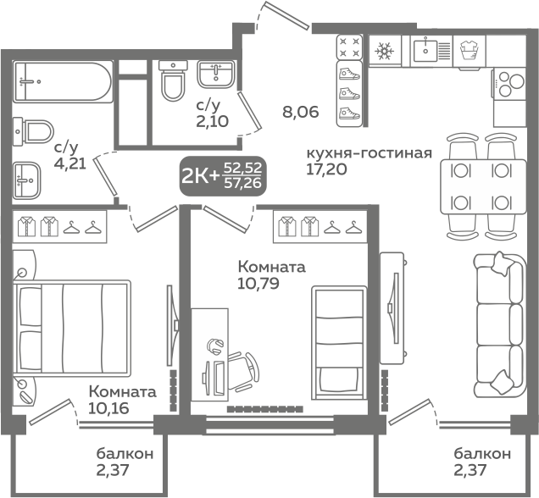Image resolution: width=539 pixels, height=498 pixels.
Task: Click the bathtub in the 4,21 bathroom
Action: [63, 81]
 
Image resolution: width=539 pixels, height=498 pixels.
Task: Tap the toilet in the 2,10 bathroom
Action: [173, 81]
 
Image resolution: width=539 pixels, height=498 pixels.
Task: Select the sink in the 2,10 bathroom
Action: [215, 75]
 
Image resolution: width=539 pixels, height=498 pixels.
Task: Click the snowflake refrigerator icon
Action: [384, 51]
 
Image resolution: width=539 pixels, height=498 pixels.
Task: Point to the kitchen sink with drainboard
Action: [431, 51]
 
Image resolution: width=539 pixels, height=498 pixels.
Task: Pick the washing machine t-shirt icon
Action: [470, 51]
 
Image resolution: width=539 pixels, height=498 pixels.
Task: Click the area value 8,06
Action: [301, 112]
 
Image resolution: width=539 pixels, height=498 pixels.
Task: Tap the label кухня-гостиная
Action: [370, 153]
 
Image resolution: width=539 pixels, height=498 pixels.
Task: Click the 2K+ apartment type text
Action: [200, 176]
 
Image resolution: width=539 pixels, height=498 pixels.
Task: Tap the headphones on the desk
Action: [215, 346]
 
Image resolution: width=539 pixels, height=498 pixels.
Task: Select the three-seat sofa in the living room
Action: [500, 325]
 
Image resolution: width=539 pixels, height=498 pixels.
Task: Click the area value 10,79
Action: [258, 284]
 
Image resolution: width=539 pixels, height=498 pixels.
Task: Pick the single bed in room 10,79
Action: [339, 342]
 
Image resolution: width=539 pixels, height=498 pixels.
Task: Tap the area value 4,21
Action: [70, 163]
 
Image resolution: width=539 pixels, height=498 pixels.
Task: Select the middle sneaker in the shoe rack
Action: [349, 94]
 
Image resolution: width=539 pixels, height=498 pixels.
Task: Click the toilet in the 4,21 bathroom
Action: [33, 131]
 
